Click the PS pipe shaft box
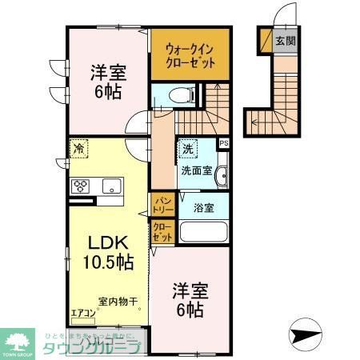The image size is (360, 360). [223, 144]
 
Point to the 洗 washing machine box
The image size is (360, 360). [187, 149]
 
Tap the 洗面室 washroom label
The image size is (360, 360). [196, 170]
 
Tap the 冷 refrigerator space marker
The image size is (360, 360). [80, 149]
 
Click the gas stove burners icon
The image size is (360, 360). [82, 187]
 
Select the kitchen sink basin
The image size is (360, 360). [110, 187]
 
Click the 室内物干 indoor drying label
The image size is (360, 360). [118, 302]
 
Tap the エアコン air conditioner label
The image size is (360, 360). [83, 313]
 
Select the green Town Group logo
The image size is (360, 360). [18, 341]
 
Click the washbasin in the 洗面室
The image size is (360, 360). [222, 176]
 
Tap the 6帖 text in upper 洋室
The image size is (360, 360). [110, 90]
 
